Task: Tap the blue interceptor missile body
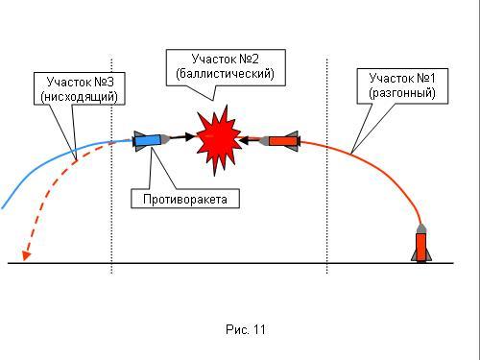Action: (147, 140)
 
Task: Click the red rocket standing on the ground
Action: (421, 243)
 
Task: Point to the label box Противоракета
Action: (185, 199)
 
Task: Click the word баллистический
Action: (226, 74)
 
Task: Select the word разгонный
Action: (402, 93)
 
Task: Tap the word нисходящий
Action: (80, 96)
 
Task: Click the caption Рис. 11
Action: (246, 329)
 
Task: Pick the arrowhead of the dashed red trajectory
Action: (26, 255)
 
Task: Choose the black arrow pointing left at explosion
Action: (250, 139)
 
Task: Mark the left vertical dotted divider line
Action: (111, 166)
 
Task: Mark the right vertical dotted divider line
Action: (327, 166)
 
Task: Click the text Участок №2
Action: (225, 59)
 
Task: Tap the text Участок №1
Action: (402, 78)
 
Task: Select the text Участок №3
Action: (80, 82)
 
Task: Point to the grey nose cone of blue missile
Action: (165, 139)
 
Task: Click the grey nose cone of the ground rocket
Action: (421, 228)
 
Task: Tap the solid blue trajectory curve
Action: (48, 160)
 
